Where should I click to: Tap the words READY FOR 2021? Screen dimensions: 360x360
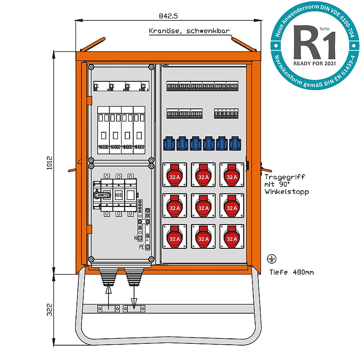pyautogui.click(x=312, y=63)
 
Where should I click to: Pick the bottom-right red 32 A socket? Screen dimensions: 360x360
pyautogui.click(x=232, y=237)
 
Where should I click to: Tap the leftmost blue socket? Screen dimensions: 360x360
pyautogui.click(x=169, y=144)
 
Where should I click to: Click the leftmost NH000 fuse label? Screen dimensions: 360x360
pyautogui.click(x=103, y=147)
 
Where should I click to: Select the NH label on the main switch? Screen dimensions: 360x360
pyautogui.click(x=118, y=195)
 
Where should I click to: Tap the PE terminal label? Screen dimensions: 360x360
pyautogui.click(x=142, y=247)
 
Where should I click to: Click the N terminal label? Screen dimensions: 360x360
pyautogui.click(x=136, y=237)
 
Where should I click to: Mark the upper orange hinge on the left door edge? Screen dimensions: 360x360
pyautogui.click(x=89, y=102)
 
